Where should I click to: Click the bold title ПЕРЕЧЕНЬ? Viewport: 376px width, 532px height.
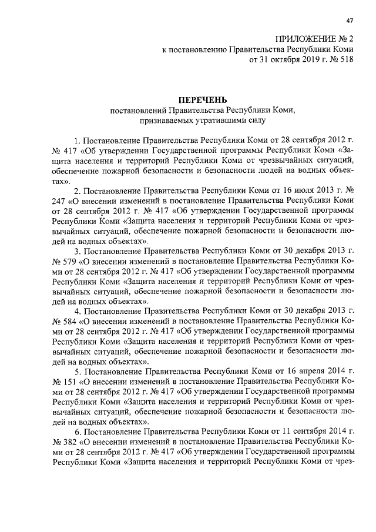tap(203, 99)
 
